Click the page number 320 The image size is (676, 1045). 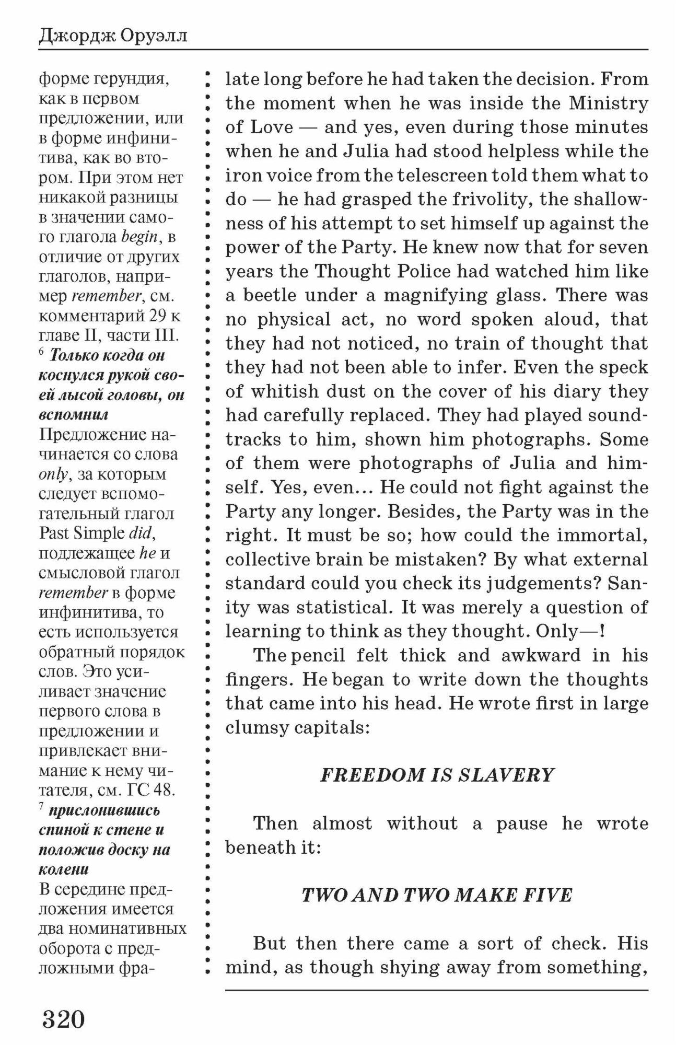coord(63,1019)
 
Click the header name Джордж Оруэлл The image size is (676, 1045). coord(113,37)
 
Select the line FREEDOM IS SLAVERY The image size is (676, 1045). coord(437,774)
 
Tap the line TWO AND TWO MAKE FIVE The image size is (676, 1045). coord(437,895)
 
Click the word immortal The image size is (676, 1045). coord(602,536)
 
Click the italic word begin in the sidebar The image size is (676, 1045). coord(139,237)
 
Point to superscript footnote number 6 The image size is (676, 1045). coord(42,351)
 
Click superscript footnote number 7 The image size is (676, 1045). coord(42,806)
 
